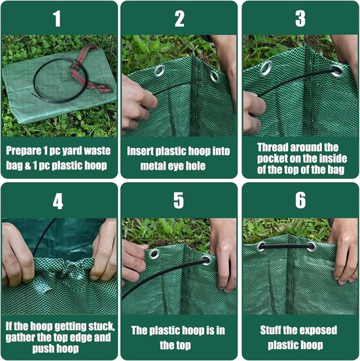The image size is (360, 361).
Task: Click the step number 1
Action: (x=57, y=18)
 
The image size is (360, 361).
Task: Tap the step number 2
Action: (x=179, y=18)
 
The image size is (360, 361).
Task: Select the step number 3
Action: (x=300, y=18)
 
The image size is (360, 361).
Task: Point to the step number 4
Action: (x=58, y=201)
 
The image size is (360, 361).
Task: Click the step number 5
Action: (x=179, y=200)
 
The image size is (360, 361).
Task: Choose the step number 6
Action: (x=300, y=200)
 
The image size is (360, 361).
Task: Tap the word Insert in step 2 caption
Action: (x=140, y=151)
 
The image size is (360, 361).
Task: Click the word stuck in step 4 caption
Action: (x=102, y=326)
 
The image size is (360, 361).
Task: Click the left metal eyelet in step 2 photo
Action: (x=160, y=71)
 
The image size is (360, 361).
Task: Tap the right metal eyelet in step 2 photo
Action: (x=215, y=77)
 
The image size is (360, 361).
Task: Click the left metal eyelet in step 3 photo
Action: (x=266, y=68)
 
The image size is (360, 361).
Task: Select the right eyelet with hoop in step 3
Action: (x=337, y=71)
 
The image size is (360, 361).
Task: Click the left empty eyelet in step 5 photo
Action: (x=154, y=254)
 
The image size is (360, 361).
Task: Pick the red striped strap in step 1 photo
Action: (x=88, y=69)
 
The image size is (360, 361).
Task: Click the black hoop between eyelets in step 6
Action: (x=286, y=247)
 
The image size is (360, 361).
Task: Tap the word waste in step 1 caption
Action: (x=97, y=151)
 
